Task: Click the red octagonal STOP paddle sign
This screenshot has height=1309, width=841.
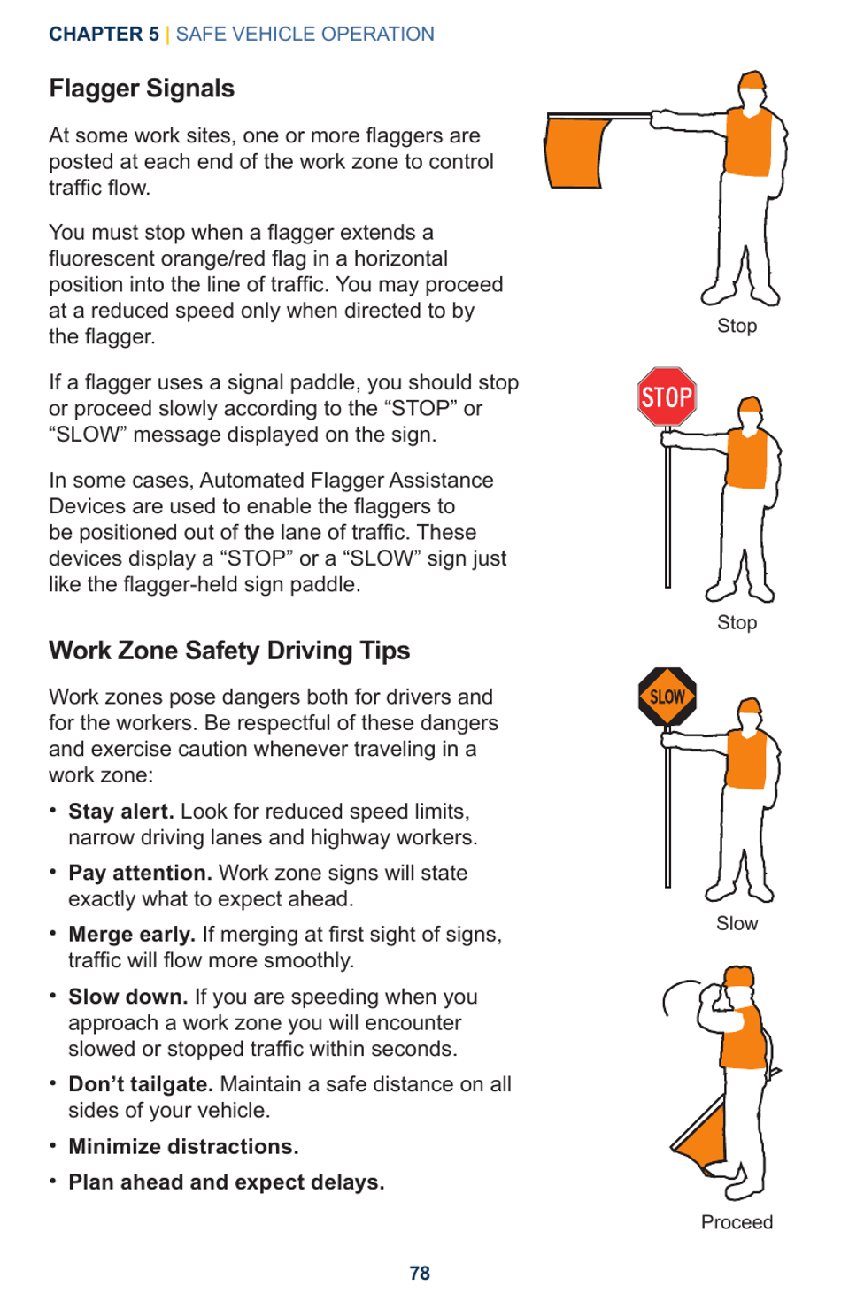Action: point(667,397)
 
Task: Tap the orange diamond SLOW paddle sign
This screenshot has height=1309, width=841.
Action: point(667,697)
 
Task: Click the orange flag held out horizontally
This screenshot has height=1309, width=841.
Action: point(577,152)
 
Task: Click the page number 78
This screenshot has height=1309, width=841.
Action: point(420,1273)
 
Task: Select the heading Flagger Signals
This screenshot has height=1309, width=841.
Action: point(142,89)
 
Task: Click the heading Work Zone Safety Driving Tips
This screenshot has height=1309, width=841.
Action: point(229,651)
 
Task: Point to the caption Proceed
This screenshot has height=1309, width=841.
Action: point(737,1222)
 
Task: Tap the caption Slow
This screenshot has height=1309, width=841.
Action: point(737,923)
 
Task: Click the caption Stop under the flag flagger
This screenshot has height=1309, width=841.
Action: point(737,326)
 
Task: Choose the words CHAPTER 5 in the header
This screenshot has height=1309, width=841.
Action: point(104,35)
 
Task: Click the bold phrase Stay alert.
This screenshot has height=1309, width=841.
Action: point(120,812)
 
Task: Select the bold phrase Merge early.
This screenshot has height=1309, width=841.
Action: point(132,935)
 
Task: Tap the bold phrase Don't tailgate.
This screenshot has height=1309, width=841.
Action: point(141,1084)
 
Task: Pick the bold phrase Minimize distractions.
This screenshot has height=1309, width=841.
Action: point(183,1146)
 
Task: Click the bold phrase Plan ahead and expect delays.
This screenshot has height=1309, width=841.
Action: point(226,1182)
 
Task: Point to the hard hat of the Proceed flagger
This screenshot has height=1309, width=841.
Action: point(739,977)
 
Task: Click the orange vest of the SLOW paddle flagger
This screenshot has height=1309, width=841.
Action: point(746,758)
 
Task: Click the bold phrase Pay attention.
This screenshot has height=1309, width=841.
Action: point(140,873)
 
